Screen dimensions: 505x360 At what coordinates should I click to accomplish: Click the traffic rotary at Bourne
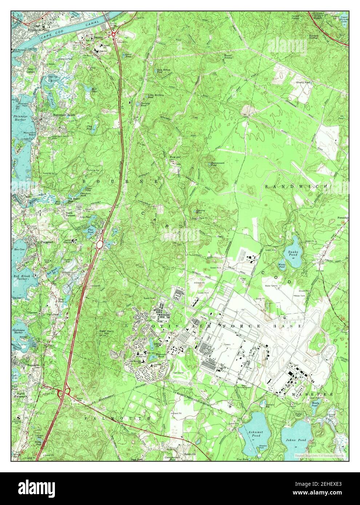tap(114, 35)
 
